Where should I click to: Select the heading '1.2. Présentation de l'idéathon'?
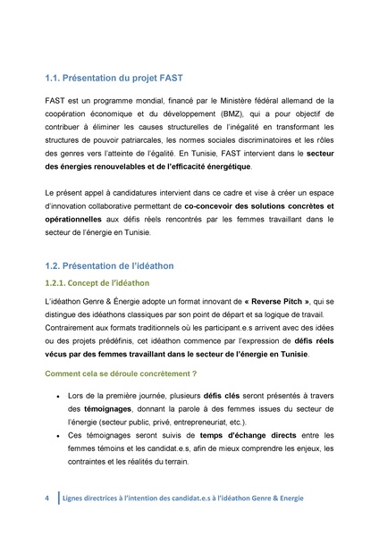[x=108, y=265]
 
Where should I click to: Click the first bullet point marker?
[x=58, y=395]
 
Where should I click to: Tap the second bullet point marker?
[x=58, y=436]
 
